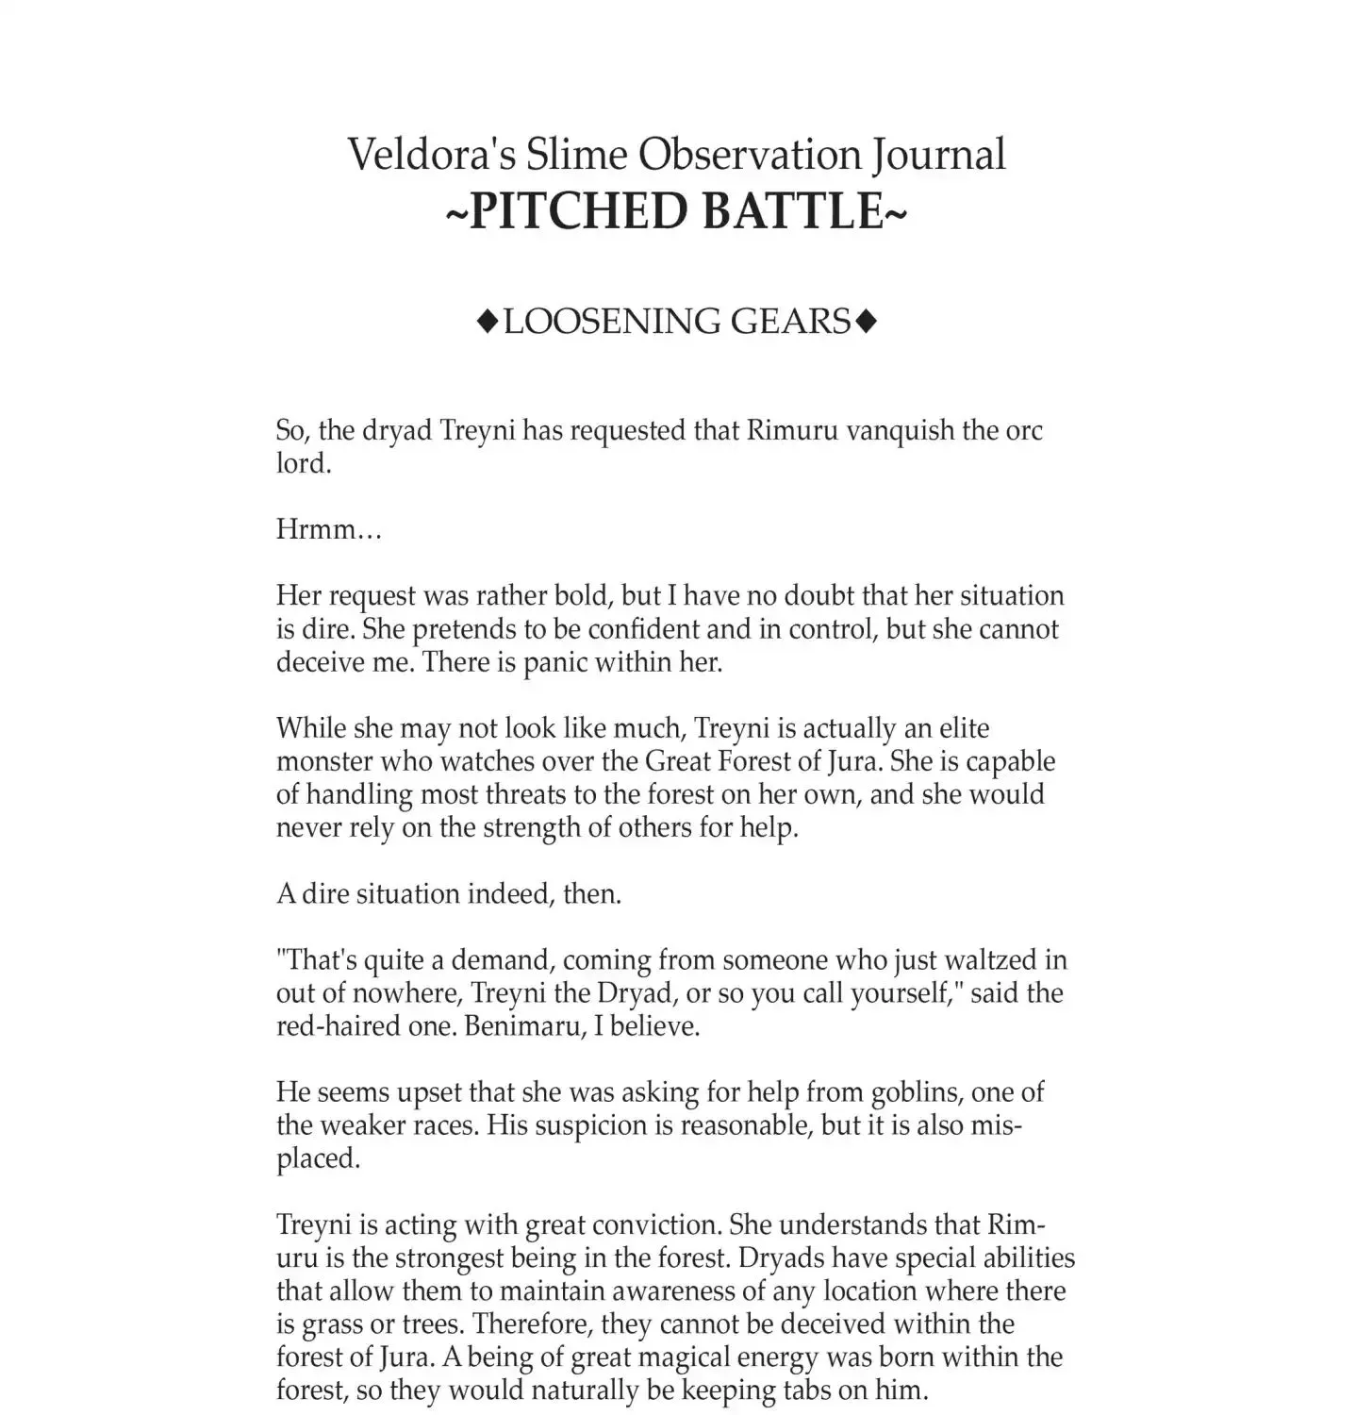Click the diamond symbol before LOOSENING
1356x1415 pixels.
click(x=487, y=323)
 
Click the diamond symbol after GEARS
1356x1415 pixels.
click(x=866, y=323)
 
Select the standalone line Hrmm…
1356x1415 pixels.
click(x=328, y=529)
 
